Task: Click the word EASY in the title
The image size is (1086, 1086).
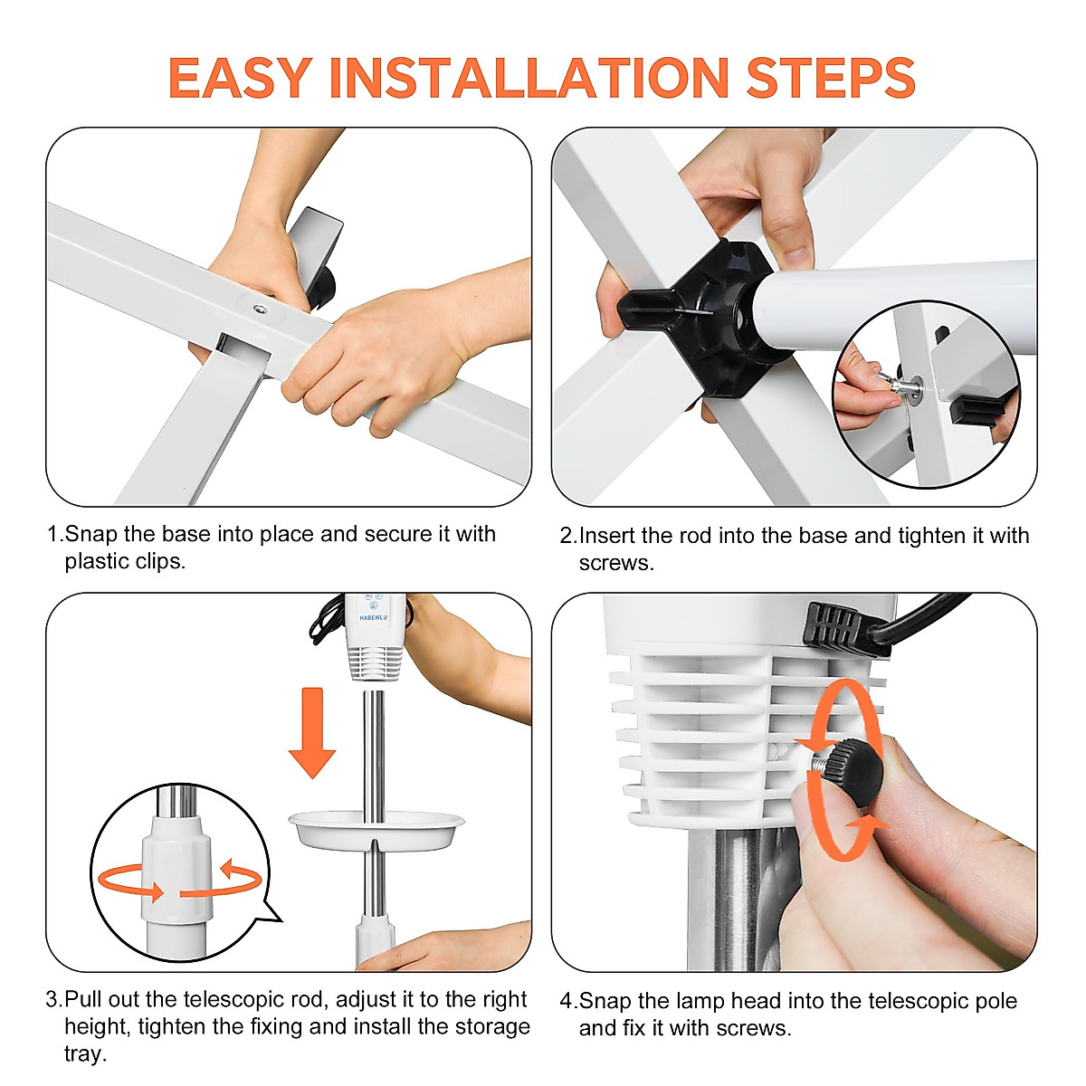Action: (241, 78)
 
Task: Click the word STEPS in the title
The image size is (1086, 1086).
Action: (831, 78)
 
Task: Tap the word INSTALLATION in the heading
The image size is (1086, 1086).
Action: (529, 78)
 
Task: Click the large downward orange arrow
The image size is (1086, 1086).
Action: (312, 733)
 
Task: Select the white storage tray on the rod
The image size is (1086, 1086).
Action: (376, 831)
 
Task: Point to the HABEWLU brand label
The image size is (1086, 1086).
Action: (373, 618)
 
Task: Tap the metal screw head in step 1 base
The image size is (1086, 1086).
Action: (260, 309)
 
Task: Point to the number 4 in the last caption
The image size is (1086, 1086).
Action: (566, 1001)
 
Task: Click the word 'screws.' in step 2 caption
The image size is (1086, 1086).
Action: (616, 563)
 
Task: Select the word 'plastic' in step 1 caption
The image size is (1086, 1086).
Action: (100, 561)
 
